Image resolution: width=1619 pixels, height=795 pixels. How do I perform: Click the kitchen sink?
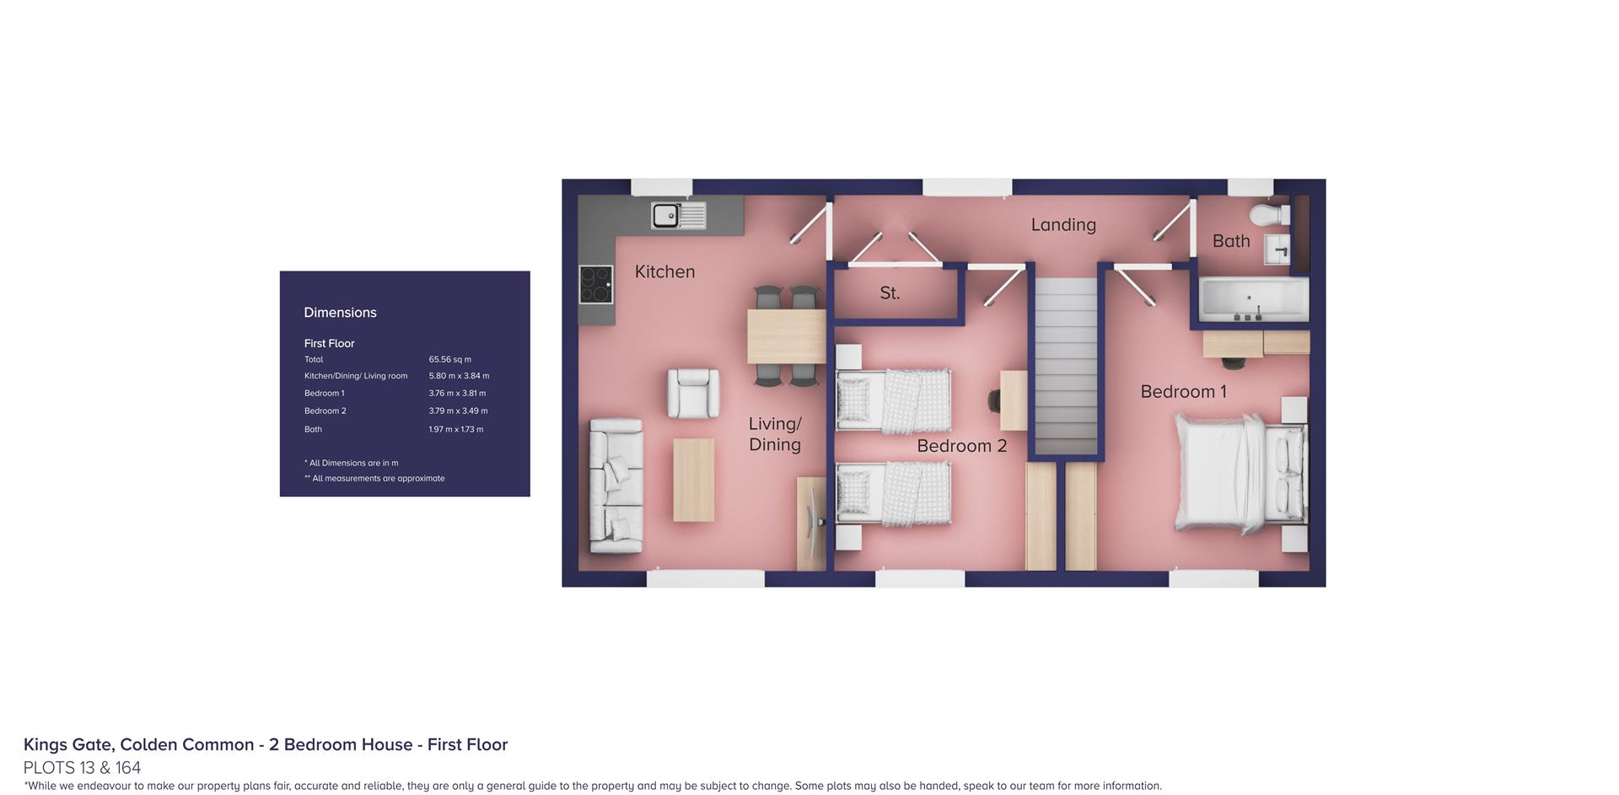678,216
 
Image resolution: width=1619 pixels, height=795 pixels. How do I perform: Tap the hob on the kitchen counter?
596,284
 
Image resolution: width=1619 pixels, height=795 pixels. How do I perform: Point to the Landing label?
1063,225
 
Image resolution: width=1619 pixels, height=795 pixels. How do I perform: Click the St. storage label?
890,293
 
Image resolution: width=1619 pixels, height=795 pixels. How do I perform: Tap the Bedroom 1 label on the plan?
1183,392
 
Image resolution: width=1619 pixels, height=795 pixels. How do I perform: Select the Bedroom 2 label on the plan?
961,446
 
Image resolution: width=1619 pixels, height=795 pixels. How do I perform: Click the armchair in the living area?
694,393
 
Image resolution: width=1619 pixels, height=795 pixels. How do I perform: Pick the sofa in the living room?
616,486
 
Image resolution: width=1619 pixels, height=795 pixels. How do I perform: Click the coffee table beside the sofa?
693,480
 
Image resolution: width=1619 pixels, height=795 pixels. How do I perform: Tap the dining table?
786,336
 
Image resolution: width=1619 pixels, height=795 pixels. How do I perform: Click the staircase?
1066,366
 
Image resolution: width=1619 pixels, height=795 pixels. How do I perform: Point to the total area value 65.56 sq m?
450,359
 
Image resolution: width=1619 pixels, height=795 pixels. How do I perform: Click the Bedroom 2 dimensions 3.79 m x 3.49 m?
458,411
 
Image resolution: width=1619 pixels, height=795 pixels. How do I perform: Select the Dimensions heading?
340,313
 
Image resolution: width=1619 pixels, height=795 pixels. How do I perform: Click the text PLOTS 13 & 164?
82,768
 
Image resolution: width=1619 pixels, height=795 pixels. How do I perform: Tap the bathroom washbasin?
1277,250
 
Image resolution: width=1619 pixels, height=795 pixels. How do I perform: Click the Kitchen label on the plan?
664,271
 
